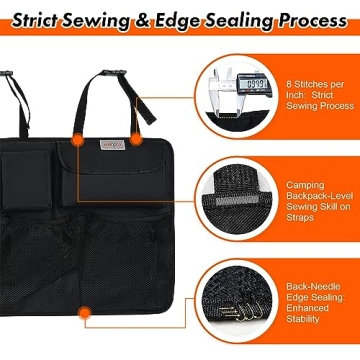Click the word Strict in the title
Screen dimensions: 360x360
(43, 19)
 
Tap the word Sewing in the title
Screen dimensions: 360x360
(106, 19)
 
